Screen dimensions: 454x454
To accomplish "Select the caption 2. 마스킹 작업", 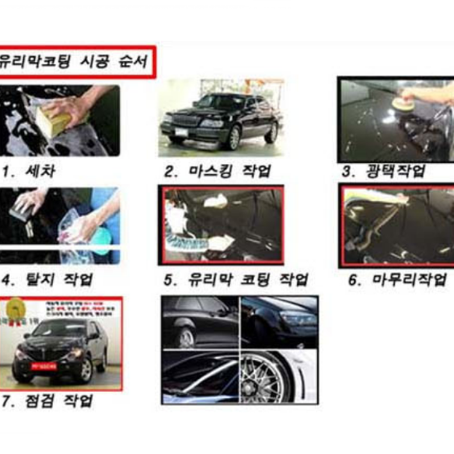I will pyautogui.click(x=218, y=171).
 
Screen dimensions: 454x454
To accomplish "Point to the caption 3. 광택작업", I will pyautogui.click(x=383, y=171).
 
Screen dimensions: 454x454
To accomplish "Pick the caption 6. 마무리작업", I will pyautogui.click(x=397, y=280).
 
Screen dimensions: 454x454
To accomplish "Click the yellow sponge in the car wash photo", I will pyautogui.click(x=54, y=121).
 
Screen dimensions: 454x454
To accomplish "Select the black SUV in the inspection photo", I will pyautogui.click(x=60, y=349).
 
